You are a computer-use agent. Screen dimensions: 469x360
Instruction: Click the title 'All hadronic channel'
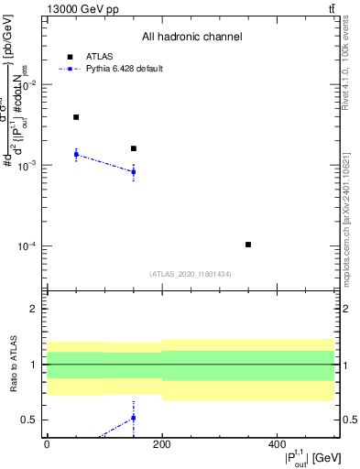191,38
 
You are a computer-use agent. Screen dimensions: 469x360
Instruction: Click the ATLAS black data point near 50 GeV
76,117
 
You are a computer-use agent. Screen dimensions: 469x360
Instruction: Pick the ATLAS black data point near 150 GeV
134,148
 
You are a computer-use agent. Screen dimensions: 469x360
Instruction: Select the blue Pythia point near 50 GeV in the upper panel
76,154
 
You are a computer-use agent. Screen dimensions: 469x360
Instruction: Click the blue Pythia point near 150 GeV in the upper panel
134,171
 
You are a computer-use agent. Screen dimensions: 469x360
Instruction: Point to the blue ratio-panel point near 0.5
134,418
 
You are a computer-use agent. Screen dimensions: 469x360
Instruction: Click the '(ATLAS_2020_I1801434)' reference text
191,274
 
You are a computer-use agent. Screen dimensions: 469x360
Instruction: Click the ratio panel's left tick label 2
33,310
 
